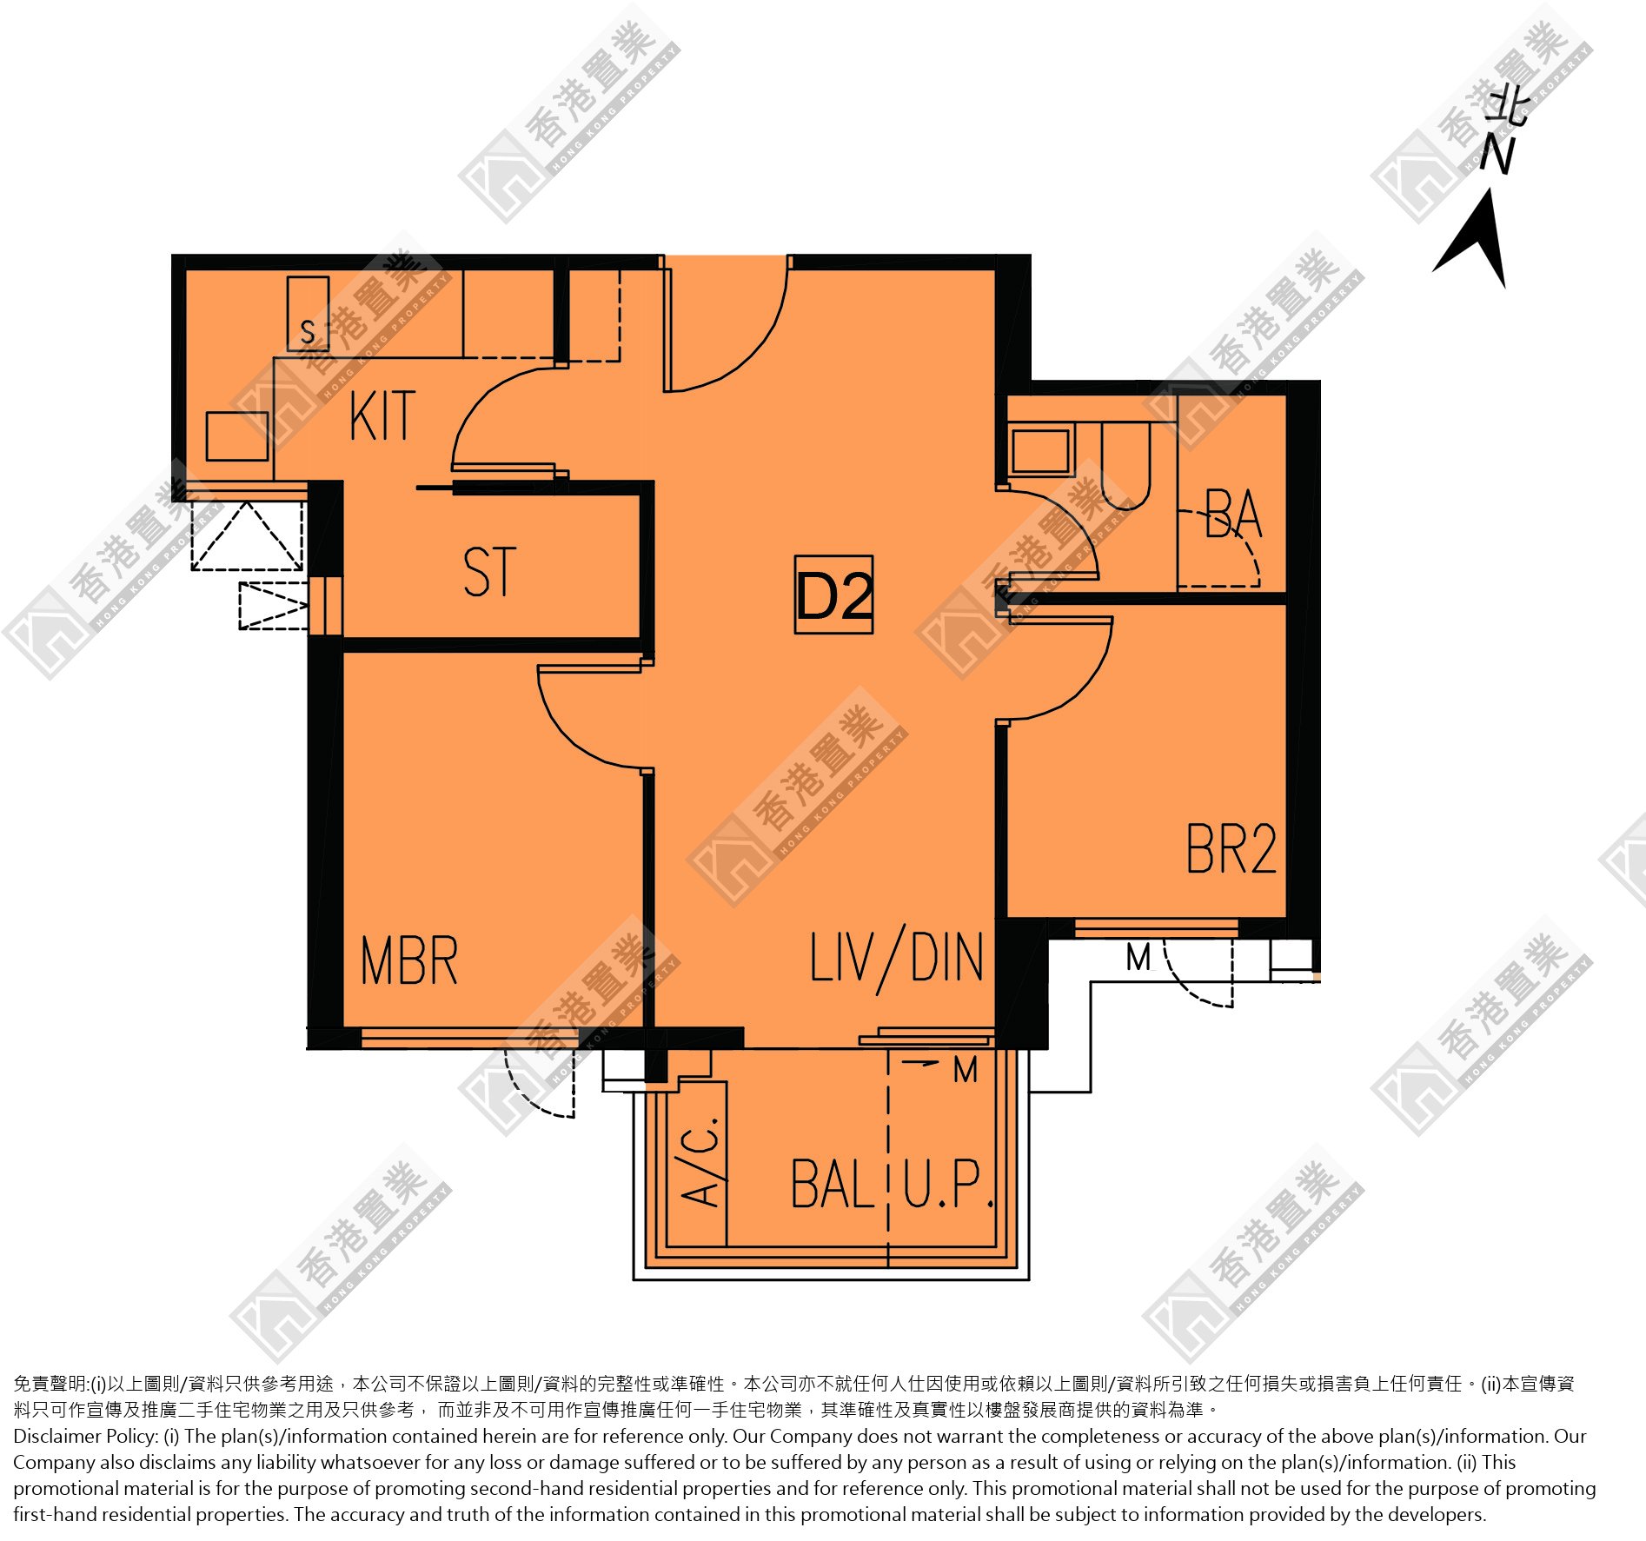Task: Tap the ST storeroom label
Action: click(490, 571)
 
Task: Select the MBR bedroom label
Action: click(408, 960)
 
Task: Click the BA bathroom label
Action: click(1233, 513)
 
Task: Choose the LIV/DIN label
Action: click(897, 959)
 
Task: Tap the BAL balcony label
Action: click(833, 1184)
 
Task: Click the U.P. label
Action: click(948, 1184)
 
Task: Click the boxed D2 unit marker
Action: click(833, 594)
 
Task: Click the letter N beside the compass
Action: click(1498, 155)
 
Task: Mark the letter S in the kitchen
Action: click(308, 331)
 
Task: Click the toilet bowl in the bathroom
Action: click(1125, 465)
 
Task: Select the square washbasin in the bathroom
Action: click(1040, 450)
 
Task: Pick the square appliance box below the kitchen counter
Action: click(236, 435)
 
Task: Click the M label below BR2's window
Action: click(1138, 958)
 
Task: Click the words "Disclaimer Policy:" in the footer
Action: click(85, 1436)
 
